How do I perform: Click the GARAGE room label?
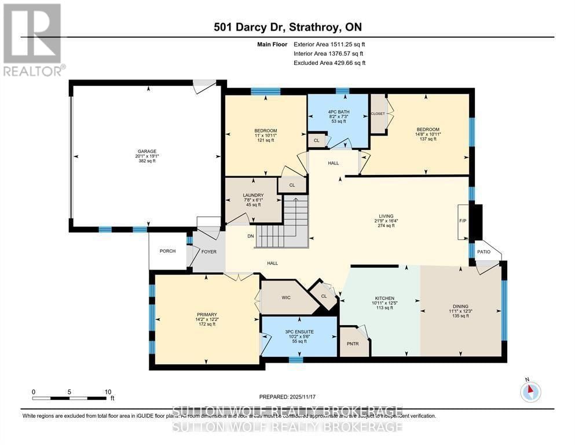tap(146, 151)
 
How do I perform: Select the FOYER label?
tap(208, 251)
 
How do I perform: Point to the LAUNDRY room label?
tap(254, 195)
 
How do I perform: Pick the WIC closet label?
tap(286, 297)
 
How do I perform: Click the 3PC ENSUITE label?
tap(299, 332)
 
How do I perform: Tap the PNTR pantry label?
tap(353, 344)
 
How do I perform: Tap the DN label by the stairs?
tap(250, 236)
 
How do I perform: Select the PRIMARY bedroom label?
tap(206, 315)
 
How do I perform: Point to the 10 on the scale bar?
tap(108, 392)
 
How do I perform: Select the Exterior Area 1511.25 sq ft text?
tap(329, 44)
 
